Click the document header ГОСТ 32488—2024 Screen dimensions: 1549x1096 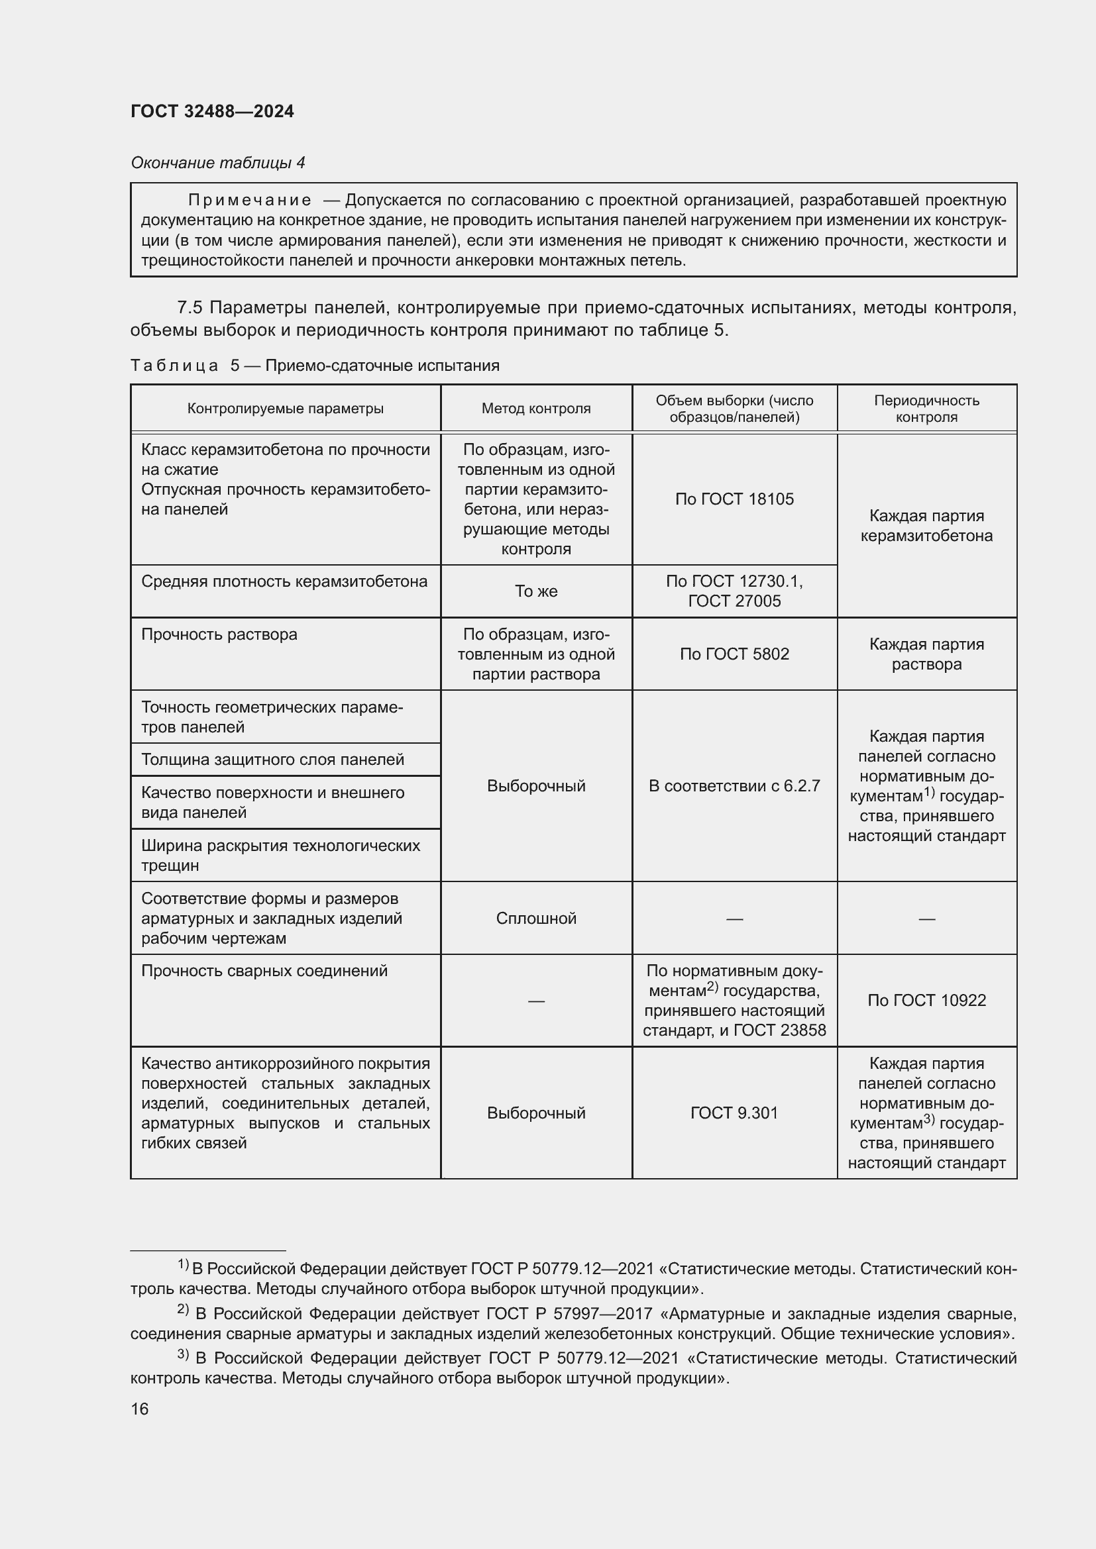[212, 111]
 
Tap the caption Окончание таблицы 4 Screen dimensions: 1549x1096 [217, 163]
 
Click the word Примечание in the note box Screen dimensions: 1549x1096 [250, 200]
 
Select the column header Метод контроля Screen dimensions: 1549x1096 [536, 408]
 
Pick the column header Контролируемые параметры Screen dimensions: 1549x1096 [285, 408]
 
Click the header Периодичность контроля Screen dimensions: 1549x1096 [926, 408]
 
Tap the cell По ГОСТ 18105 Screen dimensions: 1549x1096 [734, 499]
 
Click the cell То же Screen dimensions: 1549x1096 [536, 591]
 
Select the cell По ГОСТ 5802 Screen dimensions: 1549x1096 [734, 654]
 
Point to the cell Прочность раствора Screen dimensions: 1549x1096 [219, 634]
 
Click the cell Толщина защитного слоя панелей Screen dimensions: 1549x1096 [272, 760]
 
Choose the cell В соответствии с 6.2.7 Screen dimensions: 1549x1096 [734, 786]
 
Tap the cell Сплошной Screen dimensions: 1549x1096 [536, 918]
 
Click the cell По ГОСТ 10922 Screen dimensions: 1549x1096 [926, 1000]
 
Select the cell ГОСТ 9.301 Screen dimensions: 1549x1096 [734, 1113]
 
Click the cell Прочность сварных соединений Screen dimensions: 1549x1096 [264, 971]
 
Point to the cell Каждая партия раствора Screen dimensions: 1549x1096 [926, 654]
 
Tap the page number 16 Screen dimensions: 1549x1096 [140, 1409]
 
